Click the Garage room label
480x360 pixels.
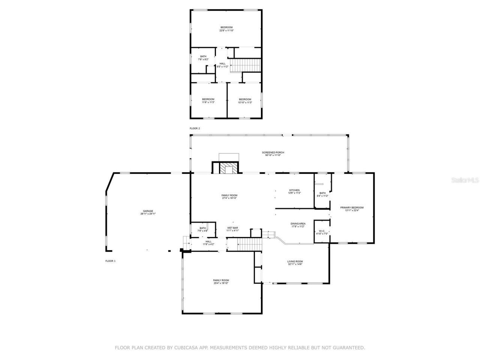pos(148,212)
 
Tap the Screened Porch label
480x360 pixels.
pos(273,153)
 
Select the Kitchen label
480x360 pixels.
pos(294,191)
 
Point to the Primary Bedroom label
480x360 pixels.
pos(352,209)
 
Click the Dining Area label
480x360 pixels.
pos(298,225)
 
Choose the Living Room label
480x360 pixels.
pos(295,262)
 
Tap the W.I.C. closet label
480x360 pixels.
pos(322,232)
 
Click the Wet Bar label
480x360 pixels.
pos(232,229)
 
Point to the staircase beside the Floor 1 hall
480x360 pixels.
pos(249,245)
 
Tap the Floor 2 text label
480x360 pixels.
pos(195,128)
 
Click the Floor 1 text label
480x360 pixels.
pos(110,261)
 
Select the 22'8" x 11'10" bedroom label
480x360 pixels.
pos(226,29)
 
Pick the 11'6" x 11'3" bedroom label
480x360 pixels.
pos(208,100)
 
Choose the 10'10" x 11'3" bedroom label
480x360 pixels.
pos(245,100)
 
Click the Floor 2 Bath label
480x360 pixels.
pos(203,58)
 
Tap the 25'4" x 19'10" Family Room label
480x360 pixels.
pos(221,282)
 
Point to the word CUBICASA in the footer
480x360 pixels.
pos(186,348)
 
